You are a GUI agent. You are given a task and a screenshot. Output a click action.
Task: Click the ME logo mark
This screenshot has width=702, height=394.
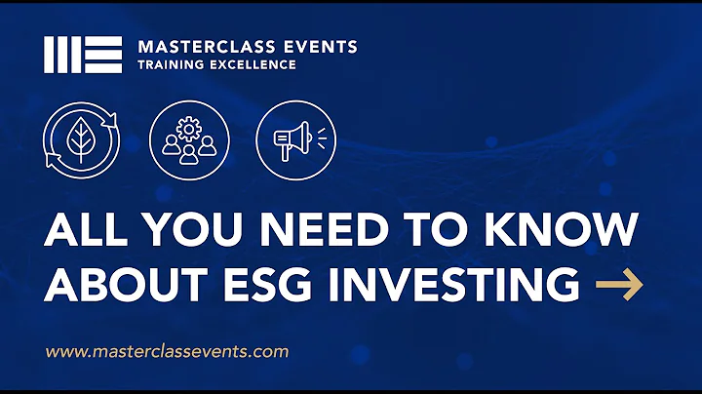pos(83,55)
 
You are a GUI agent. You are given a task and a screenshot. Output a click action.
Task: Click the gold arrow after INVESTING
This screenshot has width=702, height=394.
pos(619,285)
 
